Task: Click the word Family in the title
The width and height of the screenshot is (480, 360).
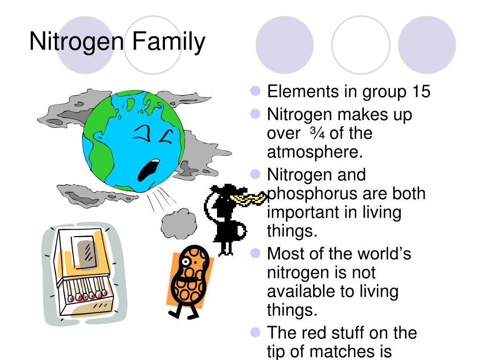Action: pyautogui.click(x=168, y=42)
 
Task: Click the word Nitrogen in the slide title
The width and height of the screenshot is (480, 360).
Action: pyautogui.click(x=77, y=42)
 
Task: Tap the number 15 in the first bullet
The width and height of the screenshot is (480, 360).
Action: pyautogui.click(x=421, y=91)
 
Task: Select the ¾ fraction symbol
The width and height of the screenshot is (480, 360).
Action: pyautogui.click(x=317, y=133)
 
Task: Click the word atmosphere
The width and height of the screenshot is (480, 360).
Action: pyautogui.click(x=315, y=151)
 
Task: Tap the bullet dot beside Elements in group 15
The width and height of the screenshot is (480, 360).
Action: pyautogui.click(x=255, y=91)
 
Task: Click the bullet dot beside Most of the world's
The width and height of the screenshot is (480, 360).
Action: pyautogui.click(x=255, y=253)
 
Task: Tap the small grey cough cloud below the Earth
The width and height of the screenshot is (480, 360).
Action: pyautogui.click(x=179, y=224)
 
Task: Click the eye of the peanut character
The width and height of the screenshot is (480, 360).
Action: pyautogui.click(x=185, y=262)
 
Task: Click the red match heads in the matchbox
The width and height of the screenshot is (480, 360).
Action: pyautogui.click(x=88, y=296)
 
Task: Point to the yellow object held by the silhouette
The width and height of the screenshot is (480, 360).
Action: pyautogui.click(x=248, y=199)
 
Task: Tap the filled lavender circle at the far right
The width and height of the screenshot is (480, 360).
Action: pyautogui.click(x=427, y=45)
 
